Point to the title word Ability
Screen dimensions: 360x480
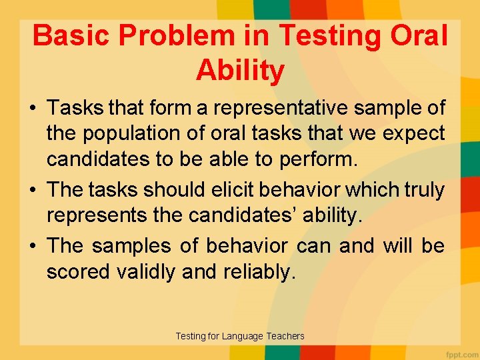[x=240, y=71]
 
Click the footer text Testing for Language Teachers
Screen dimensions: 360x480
[x=240, y=336]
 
